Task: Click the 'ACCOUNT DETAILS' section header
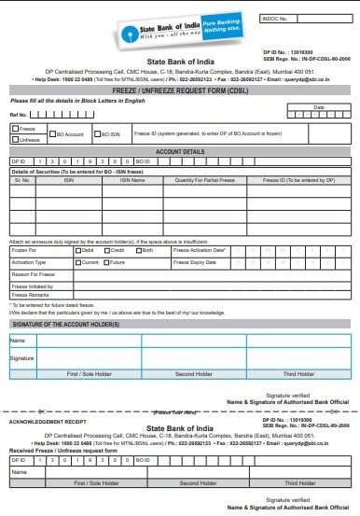[x=180, y=150]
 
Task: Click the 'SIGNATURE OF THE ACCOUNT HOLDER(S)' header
[x=65, y=323]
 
